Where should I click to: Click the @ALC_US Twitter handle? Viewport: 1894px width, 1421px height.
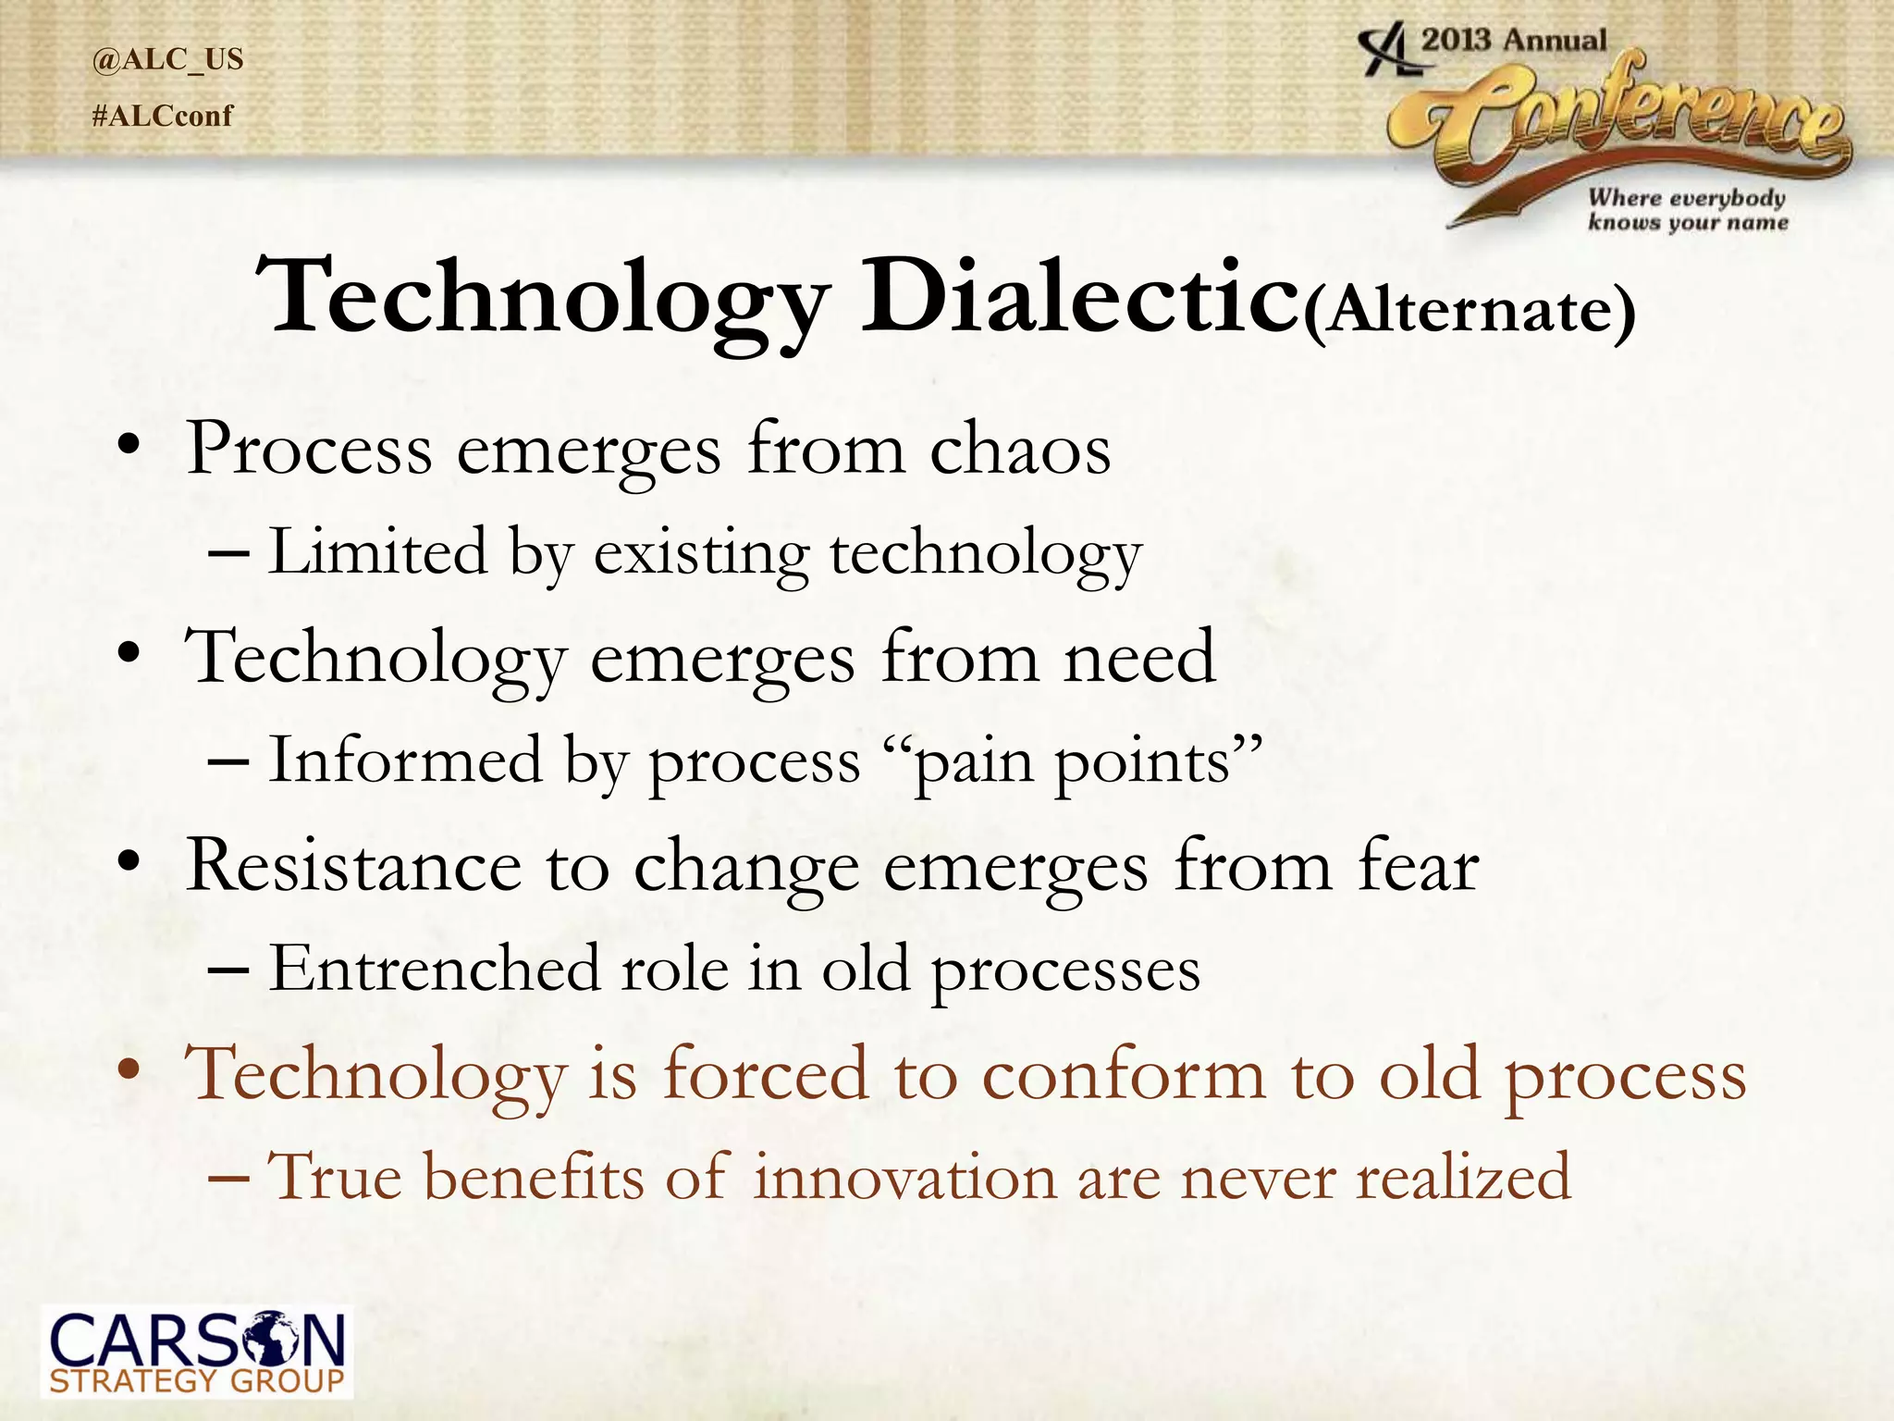point(167,59)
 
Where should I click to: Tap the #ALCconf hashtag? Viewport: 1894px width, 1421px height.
point(163,117)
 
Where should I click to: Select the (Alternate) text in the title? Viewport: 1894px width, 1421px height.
point(1470,312)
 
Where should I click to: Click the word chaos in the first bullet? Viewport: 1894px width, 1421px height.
point(1019,451)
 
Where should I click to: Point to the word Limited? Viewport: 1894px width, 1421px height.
point(377,553)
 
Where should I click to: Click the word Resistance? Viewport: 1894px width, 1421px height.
point(353,867)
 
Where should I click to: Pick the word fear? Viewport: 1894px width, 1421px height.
point(1419,867)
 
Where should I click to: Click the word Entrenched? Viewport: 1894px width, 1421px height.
point(435,970)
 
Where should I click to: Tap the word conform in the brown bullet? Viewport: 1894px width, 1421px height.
point(1123,1075)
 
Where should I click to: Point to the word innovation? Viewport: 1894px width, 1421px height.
point(904,1178)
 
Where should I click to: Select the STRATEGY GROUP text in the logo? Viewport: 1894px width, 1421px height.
point(196,1381)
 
